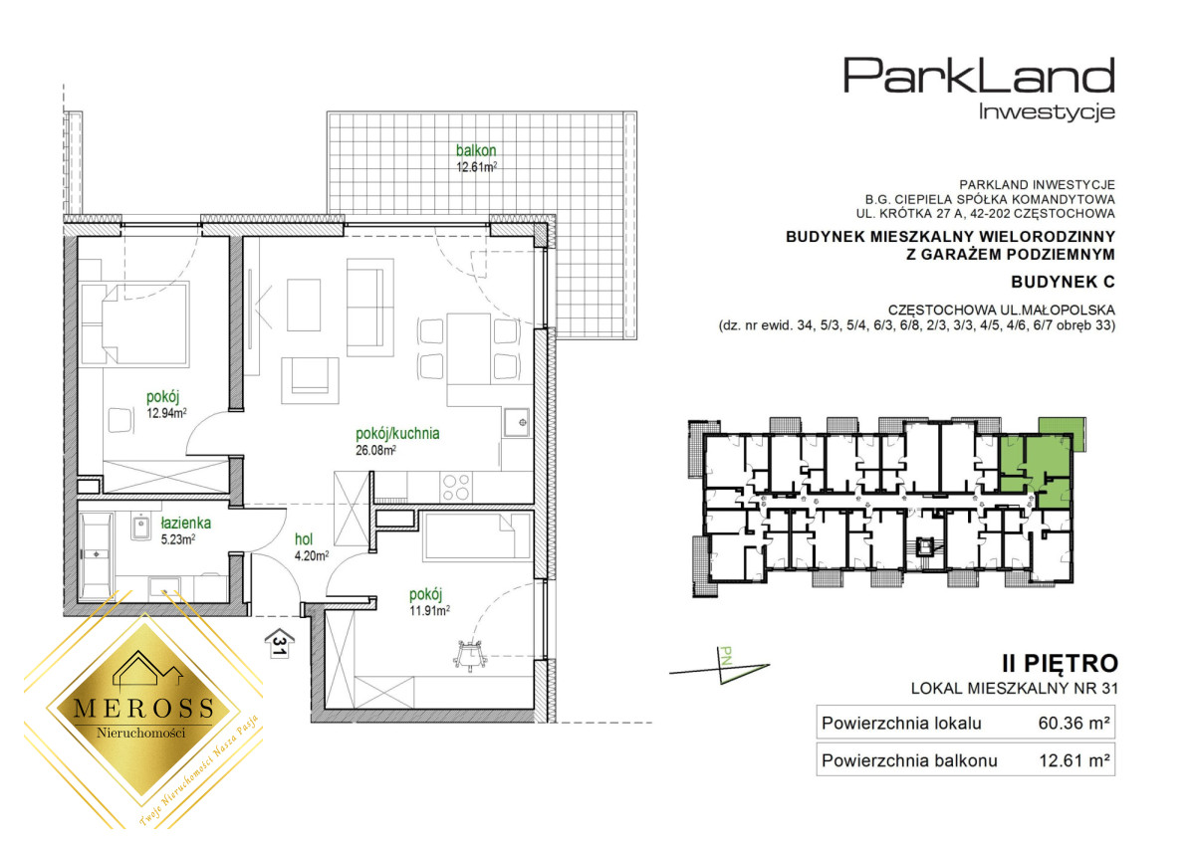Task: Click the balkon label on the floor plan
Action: (x=476, y=150)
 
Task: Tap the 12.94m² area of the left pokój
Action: (x=166, y=413)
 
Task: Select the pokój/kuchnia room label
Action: (x=397, y=433)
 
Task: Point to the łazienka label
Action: (x=185, y=523)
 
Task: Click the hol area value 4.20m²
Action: (x=312, y=555)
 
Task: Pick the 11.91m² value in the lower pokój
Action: (x=429, y=610)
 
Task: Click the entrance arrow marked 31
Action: (x=280, y=644)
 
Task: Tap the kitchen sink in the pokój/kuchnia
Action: (x=517, y=423)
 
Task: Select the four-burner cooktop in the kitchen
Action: (x=456, y=487)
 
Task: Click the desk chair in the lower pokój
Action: (x=470, y=655)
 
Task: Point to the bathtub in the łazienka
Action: (x=96, y=554)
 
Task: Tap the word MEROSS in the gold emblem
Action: (x=143, y=709)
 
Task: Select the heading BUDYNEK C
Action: (x=1063, y=282)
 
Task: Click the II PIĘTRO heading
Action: (x=1060, y=664)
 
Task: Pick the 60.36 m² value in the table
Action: (x=1074, y=723)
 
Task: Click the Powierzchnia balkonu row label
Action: (x=909, y=760)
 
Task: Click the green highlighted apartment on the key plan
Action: (x=1035, y=469)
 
